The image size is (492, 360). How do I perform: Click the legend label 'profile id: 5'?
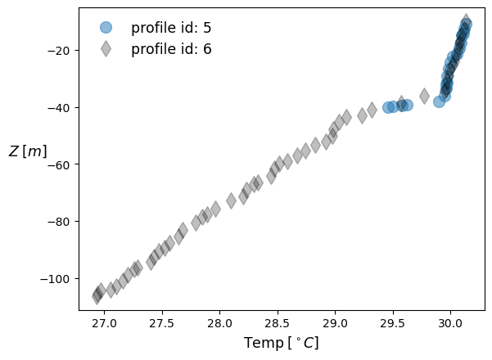coord(171,27)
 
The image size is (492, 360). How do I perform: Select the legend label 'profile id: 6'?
coord(171,49)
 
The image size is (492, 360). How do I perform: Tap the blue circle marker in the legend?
coord(106,27)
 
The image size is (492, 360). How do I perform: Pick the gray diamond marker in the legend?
coord(106,49)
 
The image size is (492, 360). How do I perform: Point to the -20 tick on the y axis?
coord(61,50)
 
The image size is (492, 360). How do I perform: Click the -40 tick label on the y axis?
coord(61,107)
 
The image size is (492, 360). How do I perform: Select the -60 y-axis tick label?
coord(61,164)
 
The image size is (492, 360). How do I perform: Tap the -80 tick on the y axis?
coord(61,222)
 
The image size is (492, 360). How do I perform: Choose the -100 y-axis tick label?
coord(58,279)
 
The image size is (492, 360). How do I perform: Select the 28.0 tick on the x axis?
coord(219,322)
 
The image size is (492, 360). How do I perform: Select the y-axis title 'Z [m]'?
coord(28,151)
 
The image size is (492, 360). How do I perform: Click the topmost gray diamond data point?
coord(466,20)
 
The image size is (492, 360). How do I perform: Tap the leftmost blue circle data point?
coord(389,107)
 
